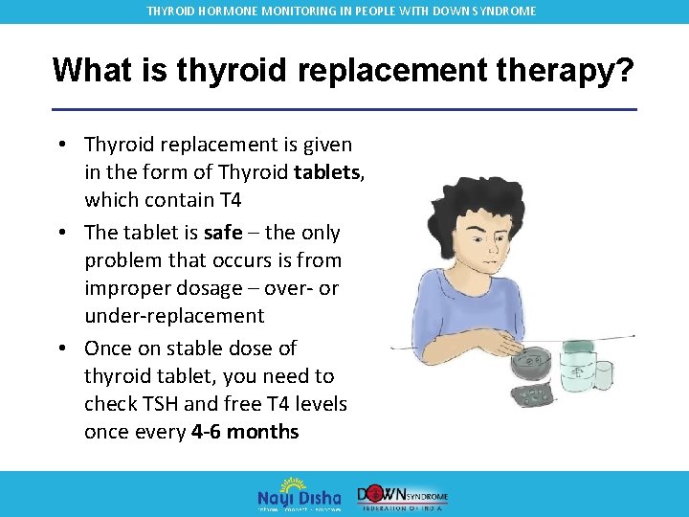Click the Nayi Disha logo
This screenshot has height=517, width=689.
coord(299,493)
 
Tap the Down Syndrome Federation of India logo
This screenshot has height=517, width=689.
coord(402,494)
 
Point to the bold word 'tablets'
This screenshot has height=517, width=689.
coord(322,172)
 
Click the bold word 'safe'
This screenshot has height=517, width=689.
coord(223,233)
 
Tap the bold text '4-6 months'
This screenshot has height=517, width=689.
coord(245,432)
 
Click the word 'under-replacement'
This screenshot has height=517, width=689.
coord(174,316)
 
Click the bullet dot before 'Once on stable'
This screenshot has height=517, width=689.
coord(61,348)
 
